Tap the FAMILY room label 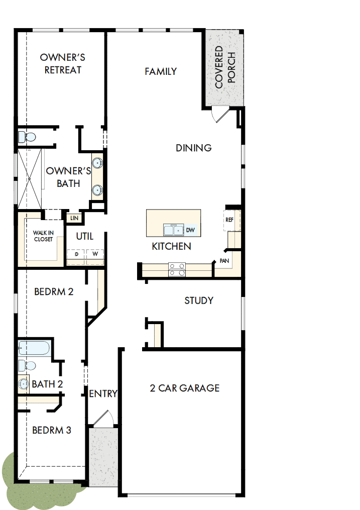[161, 71]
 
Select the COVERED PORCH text [224, 67]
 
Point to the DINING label [193, 148]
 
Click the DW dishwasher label [190, 230]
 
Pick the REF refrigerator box [229, 220]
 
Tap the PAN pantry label [224, 261]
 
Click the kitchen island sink [174, 230]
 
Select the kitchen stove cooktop [177, 269]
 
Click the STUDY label [199, 300]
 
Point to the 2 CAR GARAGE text [185, 388]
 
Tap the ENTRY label [103, 393]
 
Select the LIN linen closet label [74, 218]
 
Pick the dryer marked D [76, 254]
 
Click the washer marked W [95, 254]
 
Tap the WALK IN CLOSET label [43, 236]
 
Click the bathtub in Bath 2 [34, 348]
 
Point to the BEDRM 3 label [52, 430]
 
